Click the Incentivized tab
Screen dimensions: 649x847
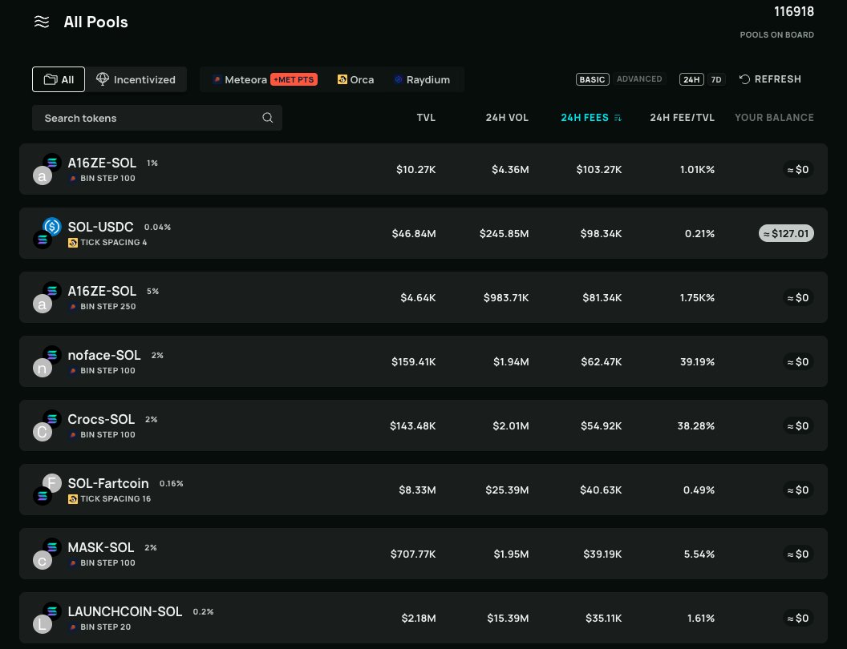tap(136, 79)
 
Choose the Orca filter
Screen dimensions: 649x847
tap(356, 79)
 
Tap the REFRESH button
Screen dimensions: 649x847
tap(770, 79)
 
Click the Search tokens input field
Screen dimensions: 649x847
tap(152, 118)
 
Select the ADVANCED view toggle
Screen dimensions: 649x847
tap(639, 79)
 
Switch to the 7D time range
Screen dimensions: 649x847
tap(716, 79)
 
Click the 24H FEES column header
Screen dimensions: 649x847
tap(585, 118)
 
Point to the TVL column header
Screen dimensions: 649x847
tap(426, 118)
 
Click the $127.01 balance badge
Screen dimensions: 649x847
tap(786, 233)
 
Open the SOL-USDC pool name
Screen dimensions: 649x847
tap(100, 227)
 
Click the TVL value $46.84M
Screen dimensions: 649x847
tap(414, 233)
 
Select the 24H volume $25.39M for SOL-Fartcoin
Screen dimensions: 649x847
tap(507, 490)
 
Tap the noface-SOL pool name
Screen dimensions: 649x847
tap(104, 355)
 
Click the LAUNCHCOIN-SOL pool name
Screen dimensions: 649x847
tap(125, 611)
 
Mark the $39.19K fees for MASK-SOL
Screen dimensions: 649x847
tap(602, 554)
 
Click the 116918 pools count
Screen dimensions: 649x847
tap(793, 12)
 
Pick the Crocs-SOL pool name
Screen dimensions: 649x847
tap(101, 419)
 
